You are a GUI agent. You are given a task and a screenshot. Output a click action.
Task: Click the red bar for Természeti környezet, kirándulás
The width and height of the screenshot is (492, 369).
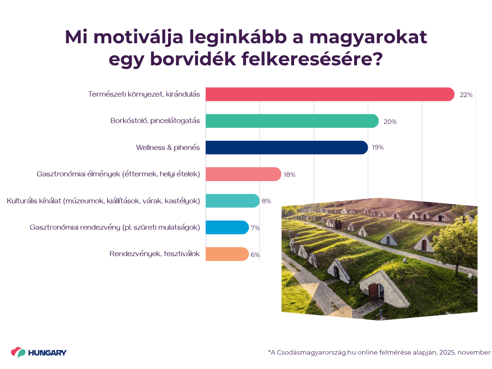click(330, 95)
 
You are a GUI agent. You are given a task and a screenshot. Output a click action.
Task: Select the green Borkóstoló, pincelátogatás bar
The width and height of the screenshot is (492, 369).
click(292, 121)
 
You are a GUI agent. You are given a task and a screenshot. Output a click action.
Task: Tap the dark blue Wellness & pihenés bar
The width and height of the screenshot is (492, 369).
click(286, 148)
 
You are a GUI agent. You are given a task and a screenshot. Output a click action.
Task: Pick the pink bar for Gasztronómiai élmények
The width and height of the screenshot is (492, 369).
click(243, 174)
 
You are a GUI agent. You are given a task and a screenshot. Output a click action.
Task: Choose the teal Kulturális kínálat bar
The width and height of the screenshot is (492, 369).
click(232, 201)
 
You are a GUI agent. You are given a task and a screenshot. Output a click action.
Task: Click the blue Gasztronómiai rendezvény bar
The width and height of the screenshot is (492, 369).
click(227, 227)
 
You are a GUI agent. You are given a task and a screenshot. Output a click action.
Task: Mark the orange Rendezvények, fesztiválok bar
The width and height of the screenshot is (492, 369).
click(227, 254)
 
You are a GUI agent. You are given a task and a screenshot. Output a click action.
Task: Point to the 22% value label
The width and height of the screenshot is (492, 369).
click(466, 95)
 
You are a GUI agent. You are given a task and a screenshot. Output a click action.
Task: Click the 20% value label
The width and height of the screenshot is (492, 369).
click(390, 122)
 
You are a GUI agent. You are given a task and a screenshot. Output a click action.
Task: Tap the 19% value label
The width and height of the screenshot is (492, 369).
click(378, 148)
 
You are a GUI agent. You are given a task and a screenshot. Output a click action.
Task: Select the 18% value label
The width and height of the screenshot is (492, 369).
click(289, 174)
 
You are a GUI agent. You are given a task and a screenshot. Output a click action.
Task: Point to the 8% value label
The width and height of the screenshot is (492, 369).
click(266, 201)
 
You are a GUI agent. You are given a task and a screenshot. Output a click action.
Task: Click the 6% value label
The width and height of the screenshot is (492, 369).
click(255, 255)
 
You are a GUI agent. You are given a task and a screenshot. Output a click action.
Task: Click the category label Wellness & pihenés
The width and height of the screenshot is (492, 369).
click(168, 148)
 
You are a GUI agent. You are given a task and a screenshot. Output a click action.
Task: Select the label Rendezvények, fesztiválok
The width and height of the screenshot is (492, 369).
click(154, 254)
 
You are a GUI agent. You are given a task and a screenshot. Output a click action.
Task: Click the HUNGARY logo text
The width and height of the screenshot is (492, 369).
click(47, 353)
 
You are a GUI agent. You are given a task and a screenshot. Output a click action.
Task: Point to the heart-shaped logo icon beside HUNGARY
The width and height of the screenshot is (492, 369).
click(18, 353)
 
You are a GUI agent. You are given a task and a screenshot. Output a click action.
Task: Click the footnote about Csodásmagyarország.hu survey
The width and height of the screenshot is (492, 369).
click(379, 352)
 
